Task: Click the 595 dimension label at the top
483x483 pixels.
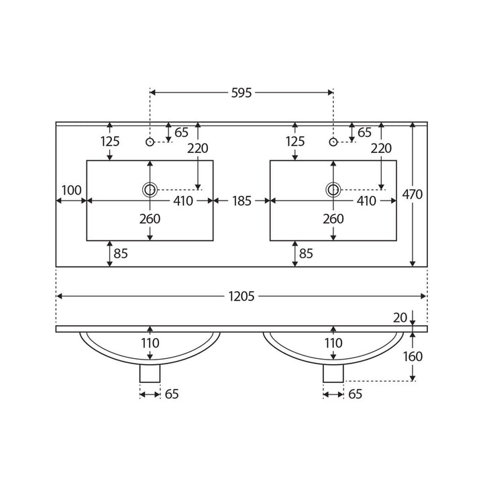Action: pos(241,93)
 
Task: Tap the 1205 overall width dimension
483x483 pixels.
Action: pos(241,297)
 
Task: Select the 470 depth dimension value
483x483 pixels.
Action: pos(413,195)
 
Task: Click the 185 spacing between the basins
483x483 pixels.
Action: pos(241,201)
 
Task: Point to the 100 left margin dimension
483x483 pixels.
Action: pos(72,191)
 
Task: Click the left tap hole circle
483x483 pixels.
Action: pos(150,142)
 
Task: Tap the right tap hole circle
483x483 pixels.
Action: pos(333,142)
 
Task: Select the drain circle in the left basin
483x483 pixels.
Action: pos(150,190)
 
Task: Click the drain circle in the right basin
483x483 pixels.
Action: pos(333,190)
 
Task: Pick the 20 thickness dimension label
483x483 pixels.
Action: pos(400,317)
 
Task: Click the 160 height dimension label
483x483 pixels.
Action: pos(413,356)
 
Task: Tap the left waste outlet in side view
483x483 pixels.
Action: pos(150,374)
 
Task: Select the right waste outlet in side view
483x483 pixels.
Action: pos(333,374)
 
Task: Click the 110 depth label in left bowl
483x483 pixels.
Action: pos(150,343)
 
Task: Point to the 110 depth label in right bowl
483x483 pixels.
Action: pos(333,343)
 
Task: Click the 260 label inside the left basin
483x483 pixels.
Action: pos(150,219)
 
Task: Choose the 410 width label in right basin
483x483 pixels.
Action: pos(366,201)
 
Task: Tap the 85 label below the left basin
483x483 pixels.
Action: pos(121,254)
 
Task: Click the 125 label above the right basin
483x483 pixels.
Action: pos(295,142)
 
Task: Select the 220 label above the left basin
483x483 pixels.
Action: pos(198,148)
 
